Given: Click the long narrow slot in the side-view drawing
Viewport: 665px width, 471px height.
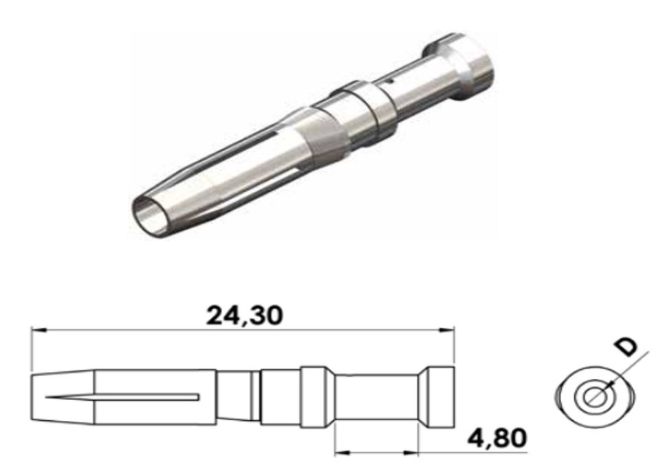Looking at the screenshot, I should (124, 397).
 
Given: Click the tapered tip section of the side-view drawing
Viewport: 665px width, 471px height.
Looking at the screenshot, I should (62, 397).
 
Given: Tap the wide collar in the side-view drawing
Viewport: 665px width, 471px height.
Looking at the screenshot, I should (317, 397).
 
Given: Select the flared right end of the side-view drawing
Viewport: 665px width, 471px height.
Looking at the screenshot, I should (440, 397).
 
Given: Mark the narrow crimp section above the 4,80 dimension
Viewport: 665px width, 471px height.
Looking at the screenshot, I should (377, 397).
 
